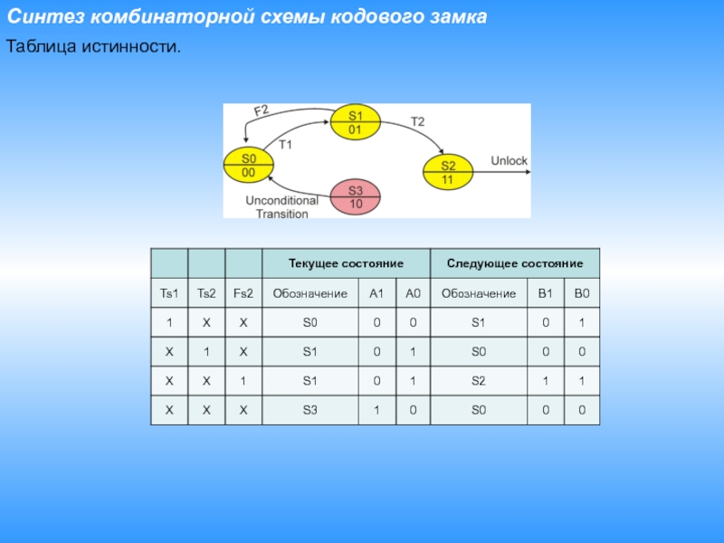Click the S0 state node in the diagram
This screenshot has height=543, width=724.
pyautogui.click(x=248, y=163)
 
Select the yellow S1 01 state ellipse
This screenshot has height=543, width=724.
pyautogui.click(x=355, y=122)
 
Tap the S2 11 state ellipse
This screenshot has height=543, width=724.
pyautogui.click(x=448, y=172)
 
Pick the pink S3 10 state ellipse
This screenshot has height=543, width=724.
pyautogui.click(x=356, y=196)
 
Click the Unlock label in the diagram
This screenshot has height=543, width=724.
pyautogui.click(x=509, y=161)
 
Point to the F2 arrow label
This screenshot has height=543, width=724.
pyautogui.click(x=261, y=111)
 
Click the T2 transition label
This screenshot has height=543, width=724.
pyautogui.click(x=417, y=120)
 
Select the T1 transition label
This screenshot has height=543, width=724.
pyautogui.click(x=286, y=144)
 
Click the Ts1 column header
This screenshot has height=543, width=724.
pyautogui.click(x=169, y=293)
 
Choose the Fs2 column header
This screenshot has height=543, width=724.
pyautogui.click(x=243, y=293)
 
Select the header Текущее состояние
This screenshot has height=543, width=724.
pyautogui.click(x=345, y=262)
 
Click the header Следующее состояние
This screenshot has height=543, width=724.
pyautogui.click(x=514, y=262)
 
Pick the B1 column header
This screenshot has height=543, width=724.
pyautogui.click(x=545, y=293)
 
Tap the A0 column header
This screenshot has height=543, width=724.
pyautogui.click(x=413, y=293)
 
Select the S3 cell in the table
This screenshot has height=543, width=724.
pyautogui.click(x=310, y=411)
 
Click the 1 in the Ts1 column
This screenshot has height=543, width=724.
pyautogui.click(x=169, y=323)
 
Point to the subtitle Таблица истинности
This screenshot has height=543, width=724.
pyautogui.click(x=94, y=44)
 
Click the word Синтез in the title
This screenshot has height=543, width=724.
pyautogui.click(x=46, y=18)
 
